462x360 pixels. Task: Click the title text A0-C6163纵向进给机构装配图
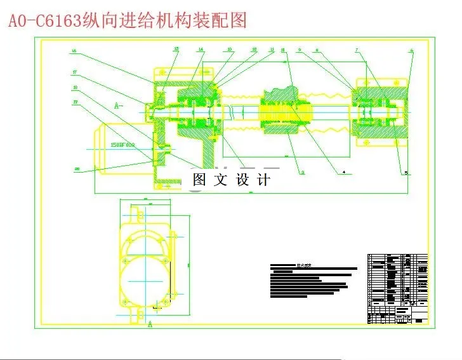(127, 20)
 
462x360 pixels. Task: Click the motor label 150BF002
(123, 145)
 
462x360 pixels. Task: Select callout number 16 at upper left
(74, 51)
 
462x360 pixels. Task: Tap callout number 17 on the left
(74, 72)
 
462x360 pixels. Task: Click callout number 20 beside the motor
(77, 168)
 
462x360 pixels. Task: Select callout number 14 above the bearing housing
(201, 49)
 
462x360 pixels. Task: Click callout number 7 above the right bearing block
(357, 49)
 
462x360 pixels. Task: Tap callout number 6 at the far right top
(411, 50)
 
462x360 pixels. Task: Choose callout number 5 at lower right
(406, 172)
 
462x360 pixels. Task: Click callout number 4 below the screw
(343, 171)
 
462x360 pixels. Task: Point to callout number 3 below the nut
(303, 172)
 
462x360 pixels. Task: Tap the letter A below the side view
(150, 324)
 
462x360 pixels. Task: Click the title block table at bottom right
(398, 289)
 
